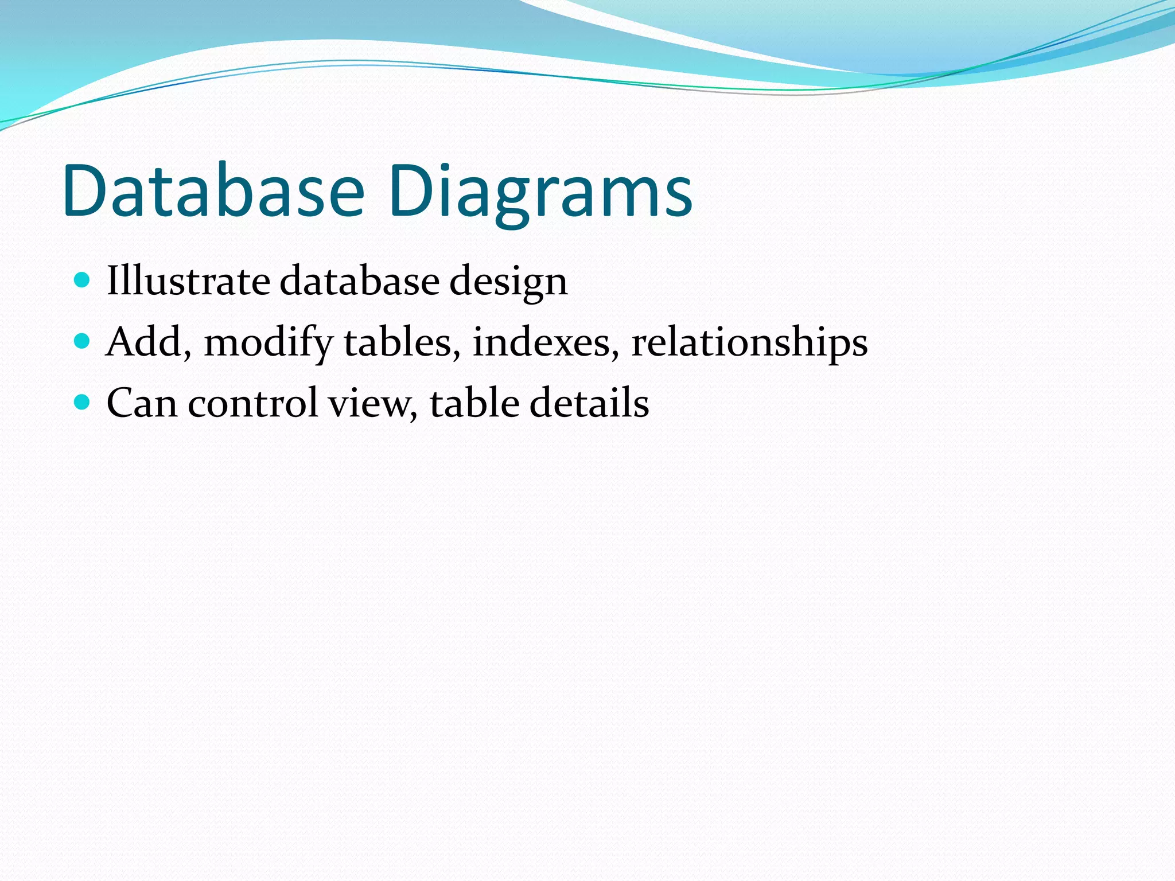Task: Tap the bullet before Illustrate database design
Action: point(83,280)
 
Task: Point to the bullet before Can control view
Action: point(83,403)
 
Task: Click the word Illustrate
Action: point(188,281)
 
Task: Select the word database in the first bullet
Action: point(359,281)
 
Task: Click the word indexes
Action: point(542,342)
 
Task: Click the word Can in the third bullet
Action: point(142,403)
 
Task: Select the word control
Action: point(252,403)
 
